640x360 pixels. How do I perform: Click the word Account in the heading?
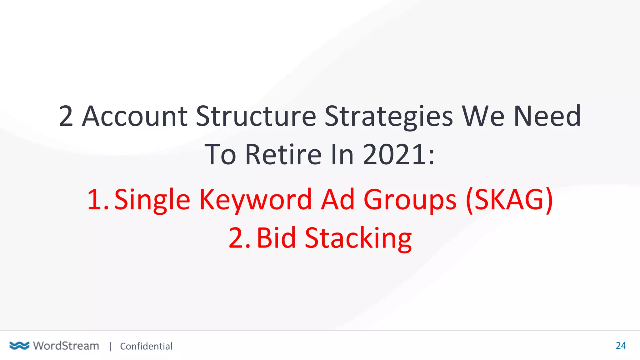pyautogui.click(x=135, y=116)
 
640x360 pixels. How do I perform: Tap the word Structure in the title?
pyautogui.click(x=256, y=116)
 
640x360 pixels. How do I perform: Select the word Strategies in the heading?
pyautogui.click(x=388, y=117)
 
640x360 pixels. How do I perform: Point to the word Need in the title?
pyautogui.click(x=547, y=116)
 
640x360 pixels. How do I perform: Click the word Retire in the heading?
pyautogui.click(x=283, y=154)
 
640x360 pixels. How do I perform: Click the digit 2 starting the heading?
pyautogui.click(x=66, y=116)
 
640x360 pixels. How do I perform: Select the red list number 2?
pyautogui.click(x=239, y=238)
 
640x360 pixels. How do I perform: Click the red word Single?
pyautogui.click(x=152, y=200)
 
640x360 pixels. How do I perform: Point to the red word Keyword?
pyautogui.click(x=255, y=200)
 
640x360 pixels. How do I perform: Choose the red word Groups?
pyautogui.click(x=410, y=200)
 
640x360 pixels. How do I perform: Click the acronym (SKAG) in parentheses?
pyautogui.click(x=509, y=200)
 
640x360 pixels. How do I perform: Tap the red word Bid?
pyautogui.click(x=276, y=238)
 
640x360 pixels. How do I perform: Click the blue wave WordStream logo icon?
pyautogui.click(x=19, y=346)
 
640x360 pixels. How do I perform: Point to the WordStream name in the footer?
pyautogui.click(x=66, y=346)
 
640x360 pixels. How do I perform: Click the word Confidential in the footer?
pyautogui.click(x=146, y=346)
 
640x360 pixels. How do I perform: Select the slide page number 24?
pyautogui.click(x=621, y=346)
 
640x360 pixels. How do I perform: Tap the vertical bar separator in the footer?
pyautogui.click(x=110, y=346)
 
